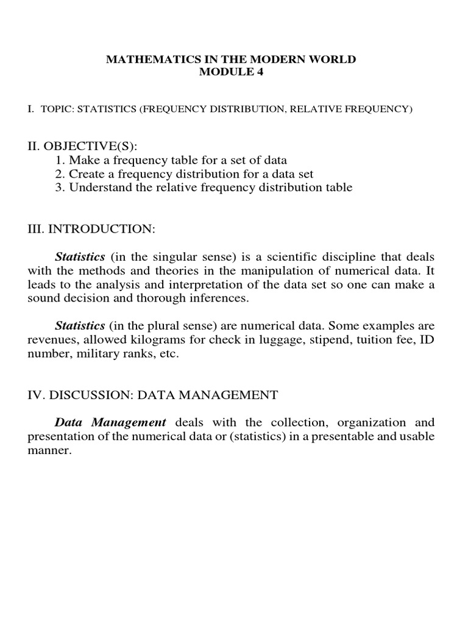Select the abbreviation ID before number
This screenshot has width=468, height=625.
(427, 340)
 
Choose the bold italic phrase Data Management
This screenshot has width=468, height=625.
(110, 422)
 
